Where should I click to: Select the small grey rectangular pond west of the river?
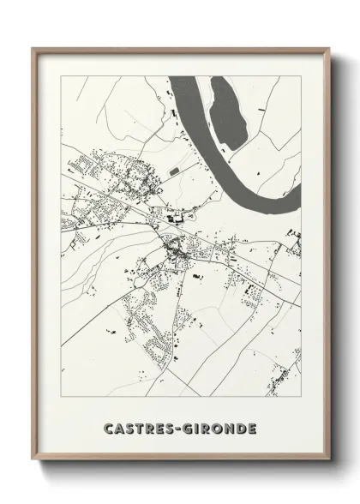(x=176, y=172)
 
